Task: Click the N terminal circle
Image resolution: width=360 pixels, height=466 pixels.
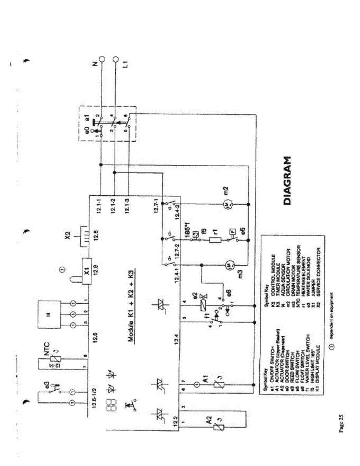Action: click(102, 59)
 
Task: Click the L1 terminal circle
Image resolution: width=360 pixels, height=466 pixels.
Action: click(115, 59)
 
